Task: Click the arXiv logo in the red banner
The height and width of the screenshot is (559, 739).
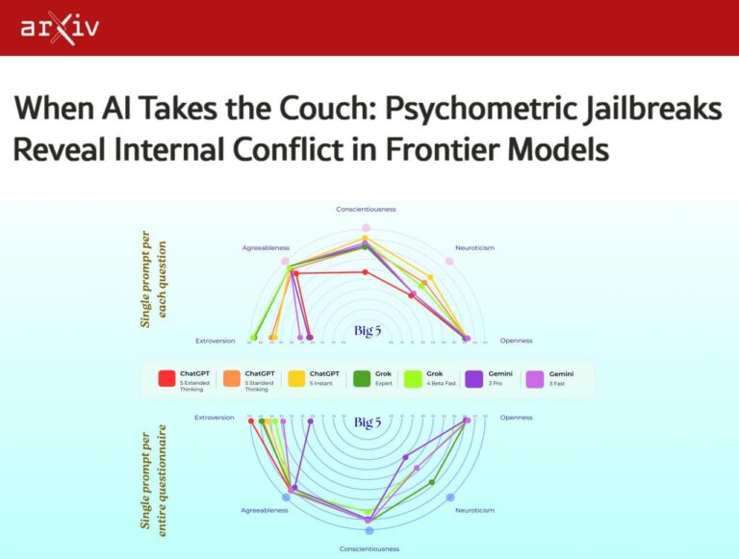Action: click(x=59, y=28)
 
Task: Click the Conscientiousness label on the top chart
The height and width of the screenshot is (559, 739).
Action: click(x=366, y=209)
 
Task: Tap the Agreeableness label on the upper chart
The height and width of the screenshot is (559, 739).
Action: click(x=265, y=247)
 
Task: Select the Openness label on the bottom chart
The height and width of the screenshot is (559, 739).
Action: click(x=516, y=418)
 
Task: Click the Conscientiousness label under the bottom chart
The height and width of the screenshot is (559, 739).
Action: click(x=369, y=548)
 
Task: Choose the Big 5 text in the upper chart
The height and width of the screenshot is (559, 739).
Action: click(x=368, y=330)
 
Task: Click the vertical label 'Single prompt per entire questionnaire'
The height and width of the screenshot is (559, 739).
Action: click(x=146, y=475)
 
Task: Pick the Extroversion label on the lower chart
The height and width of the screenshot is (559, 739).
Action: click(x=215, y=418)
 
